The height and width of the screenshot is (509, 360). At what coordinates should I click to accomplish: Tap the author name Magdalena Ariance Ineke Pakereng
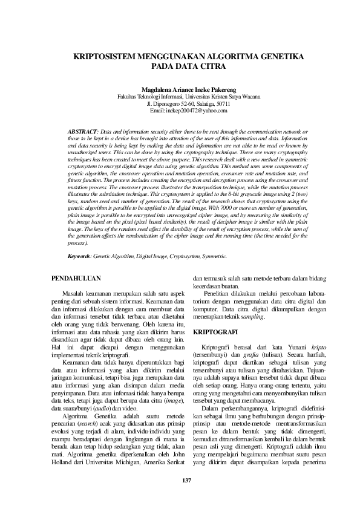pos(180,89)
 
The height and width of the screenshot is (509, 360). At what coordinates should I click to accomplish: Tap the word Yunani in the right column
pos(293,349)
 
